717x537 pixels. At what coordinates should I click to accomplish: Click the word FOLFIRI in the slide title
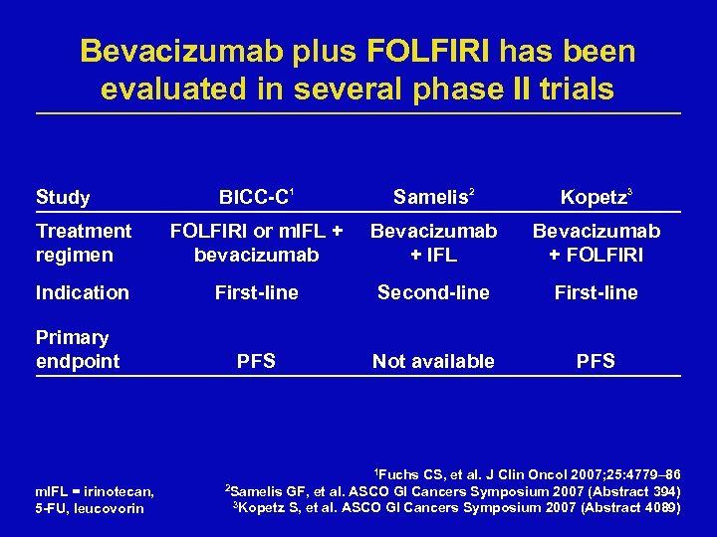pyautogui.click(x=428, y=50)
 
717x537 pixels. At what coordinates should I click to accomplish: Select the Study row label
pyautogui.click(x=63, y=197)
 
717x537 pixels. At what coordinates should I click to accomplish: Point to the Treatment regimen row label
pyautogui.click(x=84, y=243)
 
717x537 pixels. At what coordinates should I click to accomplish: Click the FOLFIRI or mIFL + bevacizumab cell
pyautogui.click(x=256, y=243)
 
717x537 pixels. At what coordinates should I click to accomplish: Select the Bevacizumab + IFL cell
pyautogui.click(x=433, y=243)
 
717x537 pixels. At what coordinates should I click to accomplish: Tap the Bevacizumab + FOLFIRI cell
pyautogui.click(x=596, y=243)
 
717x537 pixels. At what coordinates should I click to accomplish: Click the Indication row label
pyautogui.click(x=83, y=292)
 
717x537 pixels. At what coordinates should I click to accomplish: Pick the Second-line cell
pyautogui.click(x=433, y=292)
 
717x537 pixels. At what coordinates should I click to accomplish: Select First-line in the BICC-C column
pyautogui.click(x=256, y=292)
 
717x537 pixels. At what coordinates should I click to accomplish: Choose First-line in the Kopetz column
pyautogui.click(x=596, y=292)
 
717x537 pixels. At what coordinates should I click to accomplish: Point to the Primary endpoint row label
pyautogui.click(x=78, y=349)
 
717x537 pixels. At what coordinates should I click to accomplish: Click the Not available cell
pyautogui.click(x=433, y=361)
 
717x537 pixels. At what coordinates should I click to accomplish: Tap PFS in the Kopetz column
pyautogui.click(x=596, y=361)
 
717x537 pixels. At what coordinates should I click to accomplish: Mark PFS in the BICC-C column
pyautogui.click(x=256, y=361)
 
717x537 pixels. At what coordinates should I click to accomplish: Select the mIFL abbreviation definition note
pyautogui.click(x=94, y=500)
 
